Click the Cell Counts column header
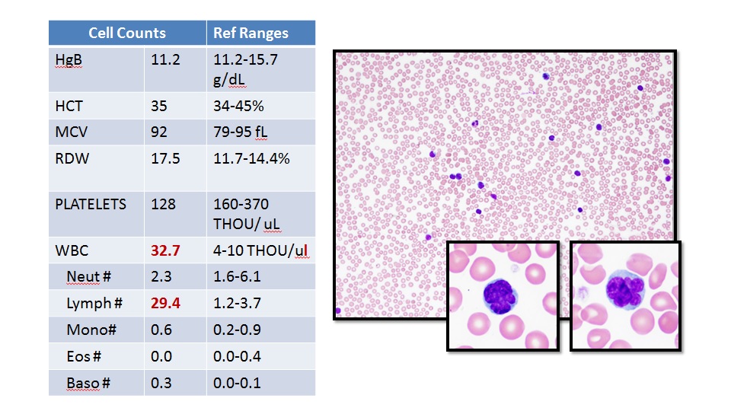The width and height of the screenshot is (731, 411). pos(127,33)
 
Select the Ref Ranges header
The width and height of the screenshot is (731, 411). pos(251,33)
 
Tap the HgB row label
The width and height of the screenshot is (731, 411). pos(69,60)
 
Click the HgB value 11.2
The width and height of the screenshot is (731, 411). pos(165,59)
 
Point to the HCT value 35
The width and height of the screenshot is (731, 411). pos(159,107)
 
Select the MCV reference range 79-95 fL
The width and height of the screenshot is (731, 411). pos(241,132)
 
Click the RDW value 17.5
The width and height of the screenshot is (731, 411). pos(165,159)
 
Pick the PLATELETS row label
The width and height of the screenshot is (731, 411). pos(91,205)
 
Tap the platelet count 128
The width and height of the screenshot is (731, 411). pos(163,205)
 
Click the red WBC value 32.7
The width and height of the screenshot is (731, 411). pos(165,250)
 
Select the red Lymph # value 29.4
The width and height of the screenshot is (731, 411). pos(165,304)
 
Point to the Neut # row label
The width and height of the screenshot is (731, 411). pos(88,277)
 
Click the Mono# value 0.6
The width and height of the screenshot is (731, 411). pos(161,330)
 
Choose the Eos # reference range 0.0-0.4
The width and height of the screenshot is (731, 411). pos(237,356)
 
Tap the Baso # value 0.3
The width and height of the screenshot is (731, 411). pos(161,383)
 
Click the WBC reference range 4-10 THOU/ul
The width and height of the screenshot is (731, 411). pos(261,250)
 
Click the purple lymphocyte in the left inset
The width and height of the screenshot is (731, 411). pos(500,296)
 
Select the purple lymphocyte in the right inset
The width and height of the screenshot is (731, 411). pos(625,290)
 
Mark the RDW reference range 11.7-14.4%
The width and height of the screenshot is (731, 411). pos(252,159)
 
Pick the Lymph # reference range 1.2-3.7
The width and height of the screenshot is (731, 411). pos(237,304)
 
